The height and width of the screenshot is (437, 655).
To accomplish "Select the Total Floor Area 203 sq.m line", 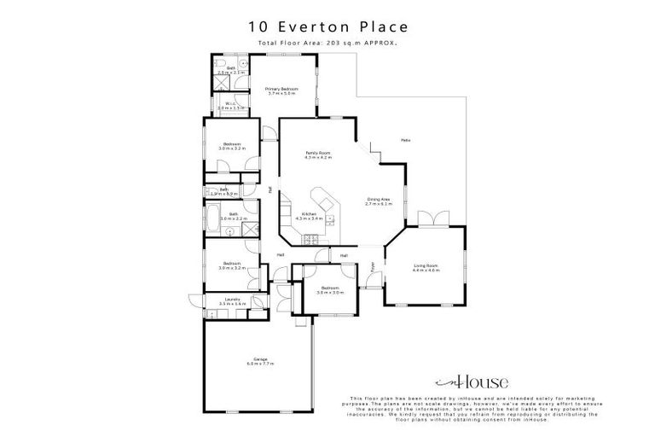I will click(x=327, y=43).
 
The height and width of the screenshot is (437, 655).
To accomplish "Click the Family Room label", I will click(x=319, y=154).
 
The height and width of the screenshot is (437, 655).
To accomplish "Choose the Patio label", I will click(x=406, y=140).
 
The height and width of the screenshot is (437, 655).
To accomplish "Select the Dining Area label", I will click(x=378, y=201).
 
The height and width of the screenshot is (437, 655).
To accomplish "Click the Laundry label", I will click(x=232, y=300).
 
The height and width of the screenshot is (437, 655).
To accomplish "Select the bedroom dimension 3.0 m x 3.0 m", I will click(x=330, y=293).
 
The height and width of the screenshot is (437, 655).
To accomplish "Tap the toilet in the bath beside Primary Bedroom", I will click(x=218, y=64).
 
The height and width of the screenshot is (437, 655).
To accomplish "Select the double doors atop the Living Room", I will click(x=437, y=219).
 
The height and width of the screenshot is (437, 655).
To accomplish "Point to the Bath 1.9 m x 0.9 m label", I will click(x=223, y=192).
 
